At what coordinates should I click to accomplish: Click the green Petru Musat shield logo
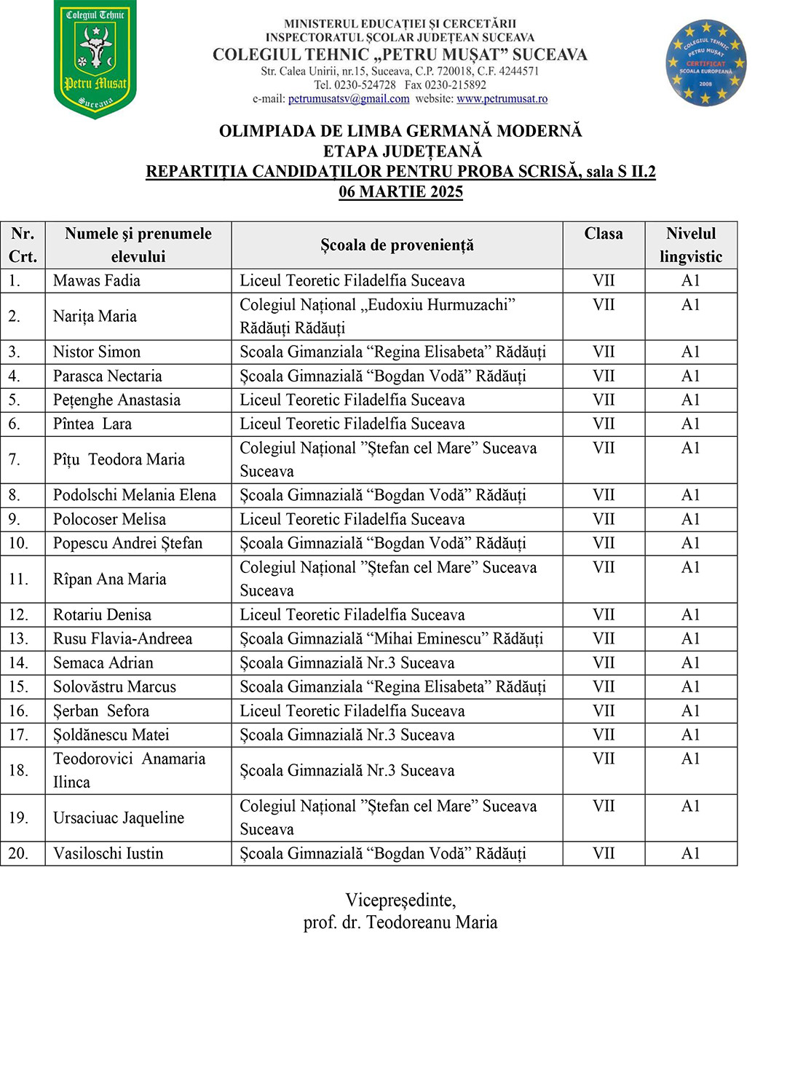click(95, 60)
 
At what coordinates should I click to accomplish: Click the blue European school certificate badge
click(705, 63)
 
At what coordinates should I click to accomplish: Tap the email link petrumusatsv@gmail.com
click(349, 99)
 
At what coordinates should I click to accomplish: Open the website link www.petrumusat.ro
click(502, 99)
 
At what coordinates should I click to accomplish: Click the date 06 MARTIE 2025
click(400, 192)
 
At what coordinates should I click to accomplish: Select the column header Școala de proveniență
click(397, 245)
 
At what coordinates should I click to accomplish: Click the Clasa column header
click(604, 234)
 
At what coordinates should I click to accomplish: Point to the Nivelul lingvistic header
click(691, 245)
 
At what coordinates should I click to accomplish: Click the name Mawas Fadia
click(97, 281)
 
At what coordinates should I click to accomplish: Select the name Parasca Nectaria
click(108, 376)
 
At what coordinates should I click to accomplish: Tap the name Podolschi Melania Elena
click(135, 496)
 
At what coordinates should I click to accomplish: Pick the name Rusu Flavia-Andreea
click(122, 639)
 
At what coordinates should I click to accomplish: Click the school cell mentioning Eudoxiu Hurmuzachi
click(378, 316)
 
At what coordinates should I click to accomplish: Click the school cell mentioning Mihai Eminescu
click(392, 639)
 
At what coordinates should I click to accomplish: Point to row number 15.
click(19, 687)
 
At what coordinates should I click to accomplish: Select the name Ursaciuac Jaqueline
click(119, 818)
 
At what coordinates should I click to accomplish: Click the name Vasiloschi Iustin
click(108, 854)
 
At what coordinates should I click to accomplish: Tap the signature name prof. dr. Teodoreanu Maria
click(400, 923)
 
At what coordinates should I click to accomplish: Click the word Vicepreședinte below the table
click(400, 901)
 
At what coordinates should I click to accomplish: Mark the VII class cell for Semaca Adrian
click(604, 663)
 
